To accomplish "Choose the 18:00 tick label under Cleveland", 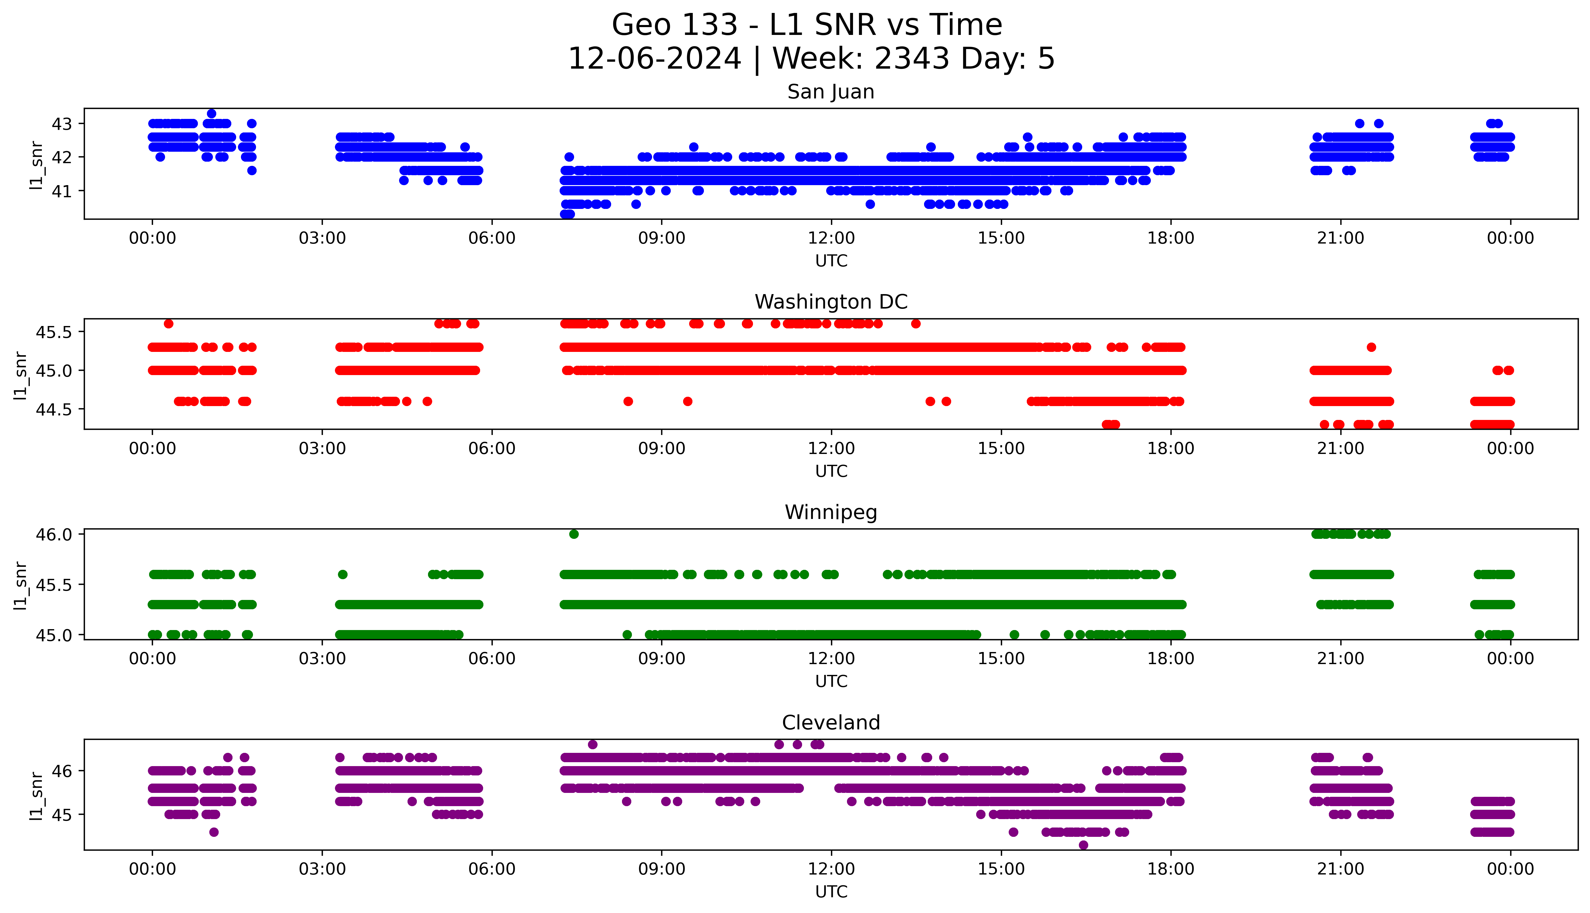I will [x=1170, y=869].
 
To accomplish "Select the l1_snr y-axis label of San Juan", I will [x=36, y=165].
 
